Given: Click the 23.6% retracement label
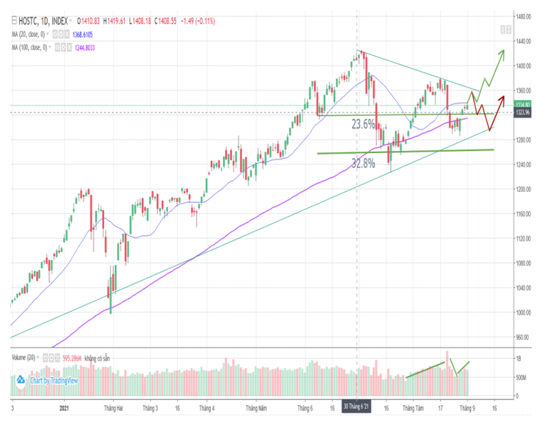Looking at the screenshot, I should (x=364, y=125).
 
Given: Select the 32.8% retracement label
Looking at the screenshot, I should (x=364, y=163).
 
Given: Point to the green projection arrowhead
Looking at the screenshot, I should (x=503, y=51).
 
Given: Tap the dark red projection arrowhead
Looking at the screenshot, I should (x=503, y=99).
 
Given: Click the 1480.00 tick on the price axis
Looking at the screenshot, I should (x=523, y=16).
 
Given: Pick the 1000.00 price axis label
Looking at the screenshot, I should (x=523, y=312).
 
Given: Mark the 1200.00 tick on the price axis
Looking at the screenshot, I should (x=523, y=189).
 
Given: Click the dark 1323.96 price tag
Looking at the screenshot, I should (x=523, y=112).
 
